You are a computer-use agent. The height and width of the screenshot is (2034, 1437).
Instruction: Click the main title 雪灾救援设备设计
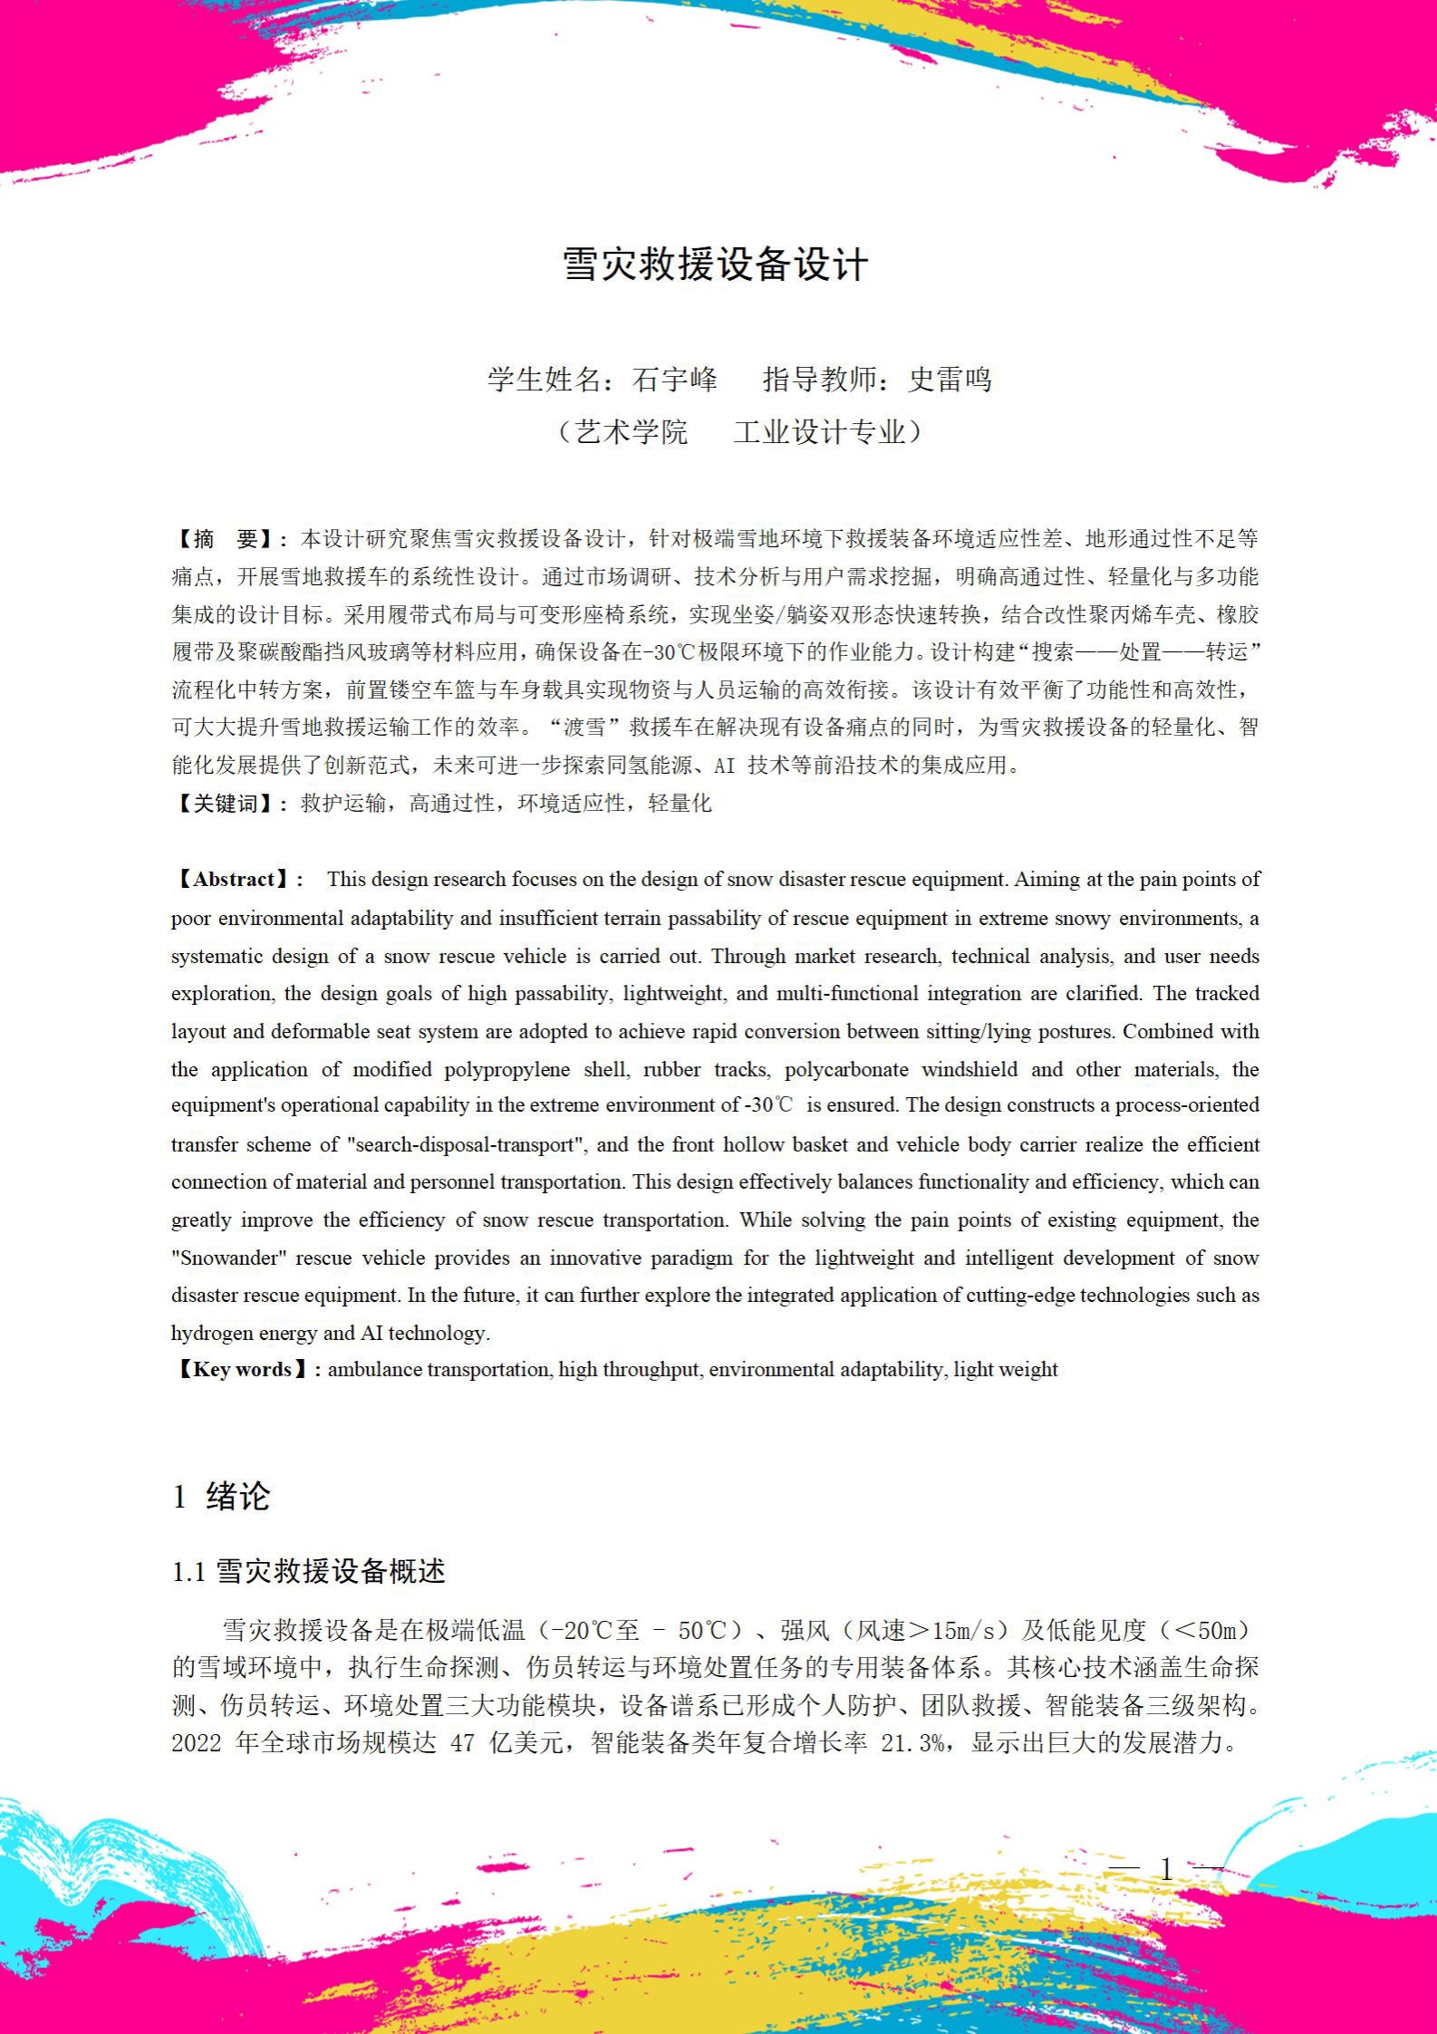pos(716,265)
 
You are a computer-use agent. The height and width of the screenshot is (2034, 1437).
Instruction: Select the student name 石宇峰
pos(674,379)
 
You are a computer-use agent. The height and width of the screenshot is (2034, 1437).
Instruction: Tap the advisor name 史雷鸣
pos(950,379)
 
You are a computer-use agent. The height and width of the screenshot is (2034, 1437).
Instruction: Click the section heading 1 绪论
pos(221,1496)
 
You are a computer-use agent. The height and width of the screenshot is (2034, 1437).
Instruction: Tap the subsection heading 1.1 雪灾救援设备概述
pos(308,1571)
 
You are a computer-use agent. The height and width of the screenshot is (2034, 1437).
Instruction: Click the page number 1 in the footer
pos(1167,1867)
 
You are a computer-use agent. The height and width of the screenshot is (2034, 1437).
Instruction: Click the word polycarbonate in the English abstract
pos(846,1069)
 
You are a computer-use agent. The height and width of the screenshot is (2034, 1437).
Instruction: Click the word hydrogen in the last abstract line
pos(210,1333)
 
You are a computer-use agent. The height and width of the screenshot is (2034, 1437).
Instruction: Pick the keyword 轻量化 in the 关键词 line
pos(680,803)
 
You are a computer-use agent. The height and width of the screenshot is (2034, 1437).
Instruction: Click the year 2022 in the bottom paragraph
pos(197,1742)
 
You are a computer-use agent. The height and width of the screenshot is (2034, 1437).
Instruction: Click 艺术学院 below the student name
pos(632,431)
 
